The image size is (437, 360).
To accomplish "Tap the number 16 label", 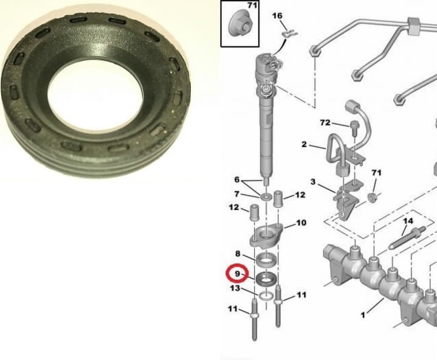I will click(277, 15).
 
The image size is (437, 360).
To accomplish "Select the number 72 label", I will click(325, 123).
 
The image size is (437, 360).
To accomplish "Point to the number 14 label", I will click(408, 220).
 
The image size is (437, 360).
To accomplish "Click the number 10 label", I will click(301, 224).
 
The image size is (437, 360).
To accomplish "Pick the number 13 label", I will click(235, 289).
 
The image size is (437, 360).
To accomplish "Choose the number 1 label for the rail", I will click(363, 316).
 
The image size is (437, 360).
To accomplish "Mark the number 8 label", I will click(238, 254).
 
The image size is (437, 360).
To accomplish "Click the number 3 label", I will click(313, 182).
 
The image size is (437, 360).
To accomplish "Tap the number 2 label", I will click(304, 145).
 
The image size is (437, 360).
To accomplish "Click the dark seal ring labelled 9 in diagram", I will click(266, 280).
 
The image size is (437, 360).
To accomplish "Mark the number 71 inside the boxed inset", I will click(251, 6).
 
